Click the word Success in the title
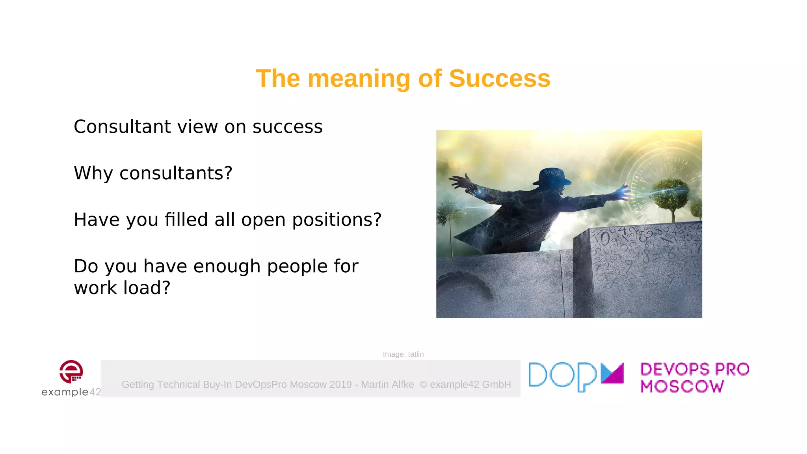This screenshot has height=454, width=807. click(x=499, y=78)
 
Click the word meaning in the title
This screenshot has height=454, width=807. click(x=359, y=78)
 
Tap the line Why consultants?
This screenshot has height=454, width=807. click(x=153, y=173)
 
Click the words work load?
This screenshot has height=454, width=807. click(x=122, y=288)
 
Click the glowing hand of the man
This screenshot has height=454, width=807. click(x=624, y=192)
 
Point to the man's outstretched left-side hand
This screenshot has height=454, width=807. click(x=460, y=182)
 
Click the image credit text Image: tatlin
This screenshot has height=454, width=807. click(x=403, y=354)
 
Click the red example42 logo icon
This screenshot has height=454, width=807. click(x=71, y=371)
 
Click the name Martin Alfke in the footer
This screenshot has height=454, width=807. click(x=387, y=385)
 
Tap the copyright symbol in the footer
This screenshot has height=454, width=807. click(x=423, y=385)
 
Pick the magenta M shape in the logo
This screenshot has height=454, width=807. click(x=612, y=373)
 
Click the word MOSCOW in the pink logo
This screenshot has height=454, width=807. click(x=682, y=387)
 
